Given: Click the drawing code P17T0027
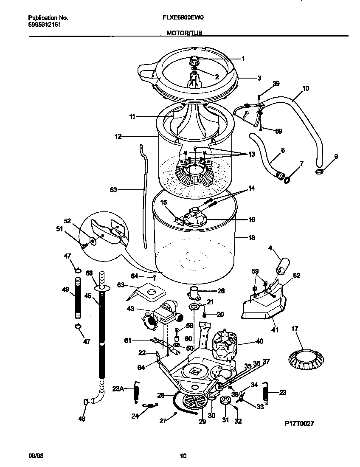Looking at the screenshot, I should [299, 424].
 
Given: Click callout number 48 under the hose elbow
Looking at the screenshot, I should [82, 419].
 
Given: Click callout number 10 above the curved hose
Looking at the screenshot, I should [306, 89].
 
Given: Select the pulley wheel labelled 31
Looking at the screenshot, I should [225, 401].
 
